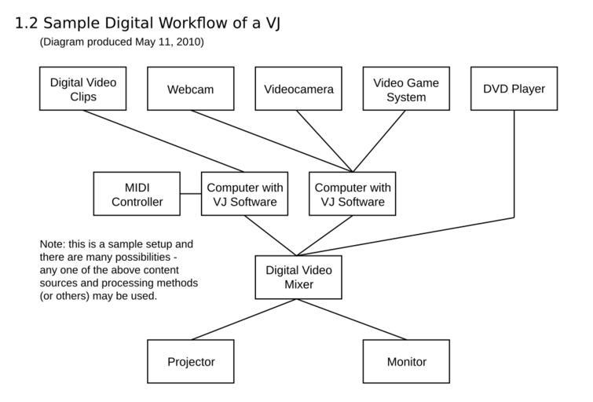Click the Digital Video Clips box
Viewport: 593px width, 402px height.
(x=82, y=89)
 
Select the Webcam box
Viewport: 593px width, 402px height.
(x=190, y=89)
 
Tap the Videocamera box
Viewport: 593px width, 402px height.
(x=298, y=89)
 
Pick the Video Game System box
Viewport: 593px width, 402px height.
(x=406, y=89)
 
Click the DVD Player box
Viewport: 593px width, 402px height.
(x=514, y=89)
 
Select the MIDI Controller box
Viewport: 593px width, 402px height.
(x=137, y=194)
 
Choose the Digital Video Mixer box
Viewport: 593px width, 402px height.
(x=298, y=277)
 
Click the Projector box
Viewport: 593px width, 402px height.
(x=191, y=362)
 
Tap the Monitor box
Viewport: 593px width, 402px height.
(x=406, y=362)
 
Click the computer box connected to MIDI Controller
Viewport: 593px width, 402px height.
(x=244, y=194)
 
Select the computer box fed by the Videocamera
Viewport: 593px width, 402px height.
(x=352, y=194)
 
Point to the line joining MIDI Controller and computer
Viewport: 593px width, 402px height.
(x=191, y=194)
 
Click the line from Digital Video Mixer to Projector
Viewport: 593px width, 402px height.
(x=243, y=320)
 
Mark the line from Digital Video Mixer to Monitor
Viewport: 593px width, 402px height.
(x=353, y=320)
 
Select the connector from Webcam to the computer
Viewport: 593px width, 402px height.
(x=272, y=141)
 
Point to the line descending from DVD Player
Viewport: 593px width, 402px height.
(x=514, y=165)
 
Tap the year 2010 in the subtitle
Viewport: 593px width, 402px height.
(x=189, y=42)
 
